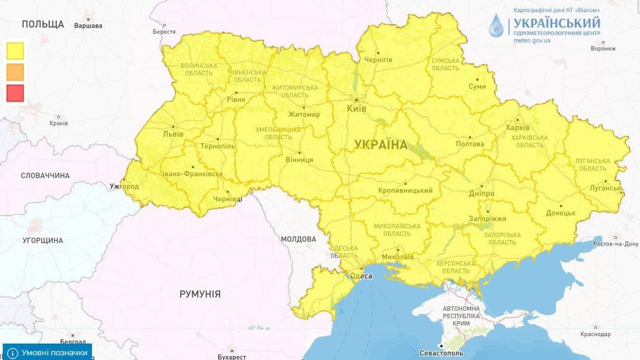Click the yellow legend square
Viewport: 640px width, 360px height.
point(15,51)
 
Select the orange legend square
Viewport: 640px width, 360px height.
point(15,72)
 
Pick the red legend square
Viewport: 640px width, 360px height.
point(15,93)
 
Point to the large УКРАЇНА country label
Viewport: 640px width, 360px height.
point(380,144)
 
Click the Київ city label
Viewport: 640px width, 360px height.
point(356,109)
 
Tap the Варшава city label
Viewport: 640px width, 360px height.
point(88,26)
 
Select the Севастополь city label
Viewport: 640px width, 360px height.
point(441,353)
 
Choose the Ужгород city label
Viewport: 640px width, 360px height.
point(124,187)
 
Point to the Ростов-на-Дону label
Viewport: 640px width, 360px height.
point(616,244)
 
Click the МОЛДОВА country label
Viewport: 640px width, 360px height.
point(298,239)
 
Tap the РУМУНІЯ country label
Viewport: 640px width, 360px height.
point(200,294)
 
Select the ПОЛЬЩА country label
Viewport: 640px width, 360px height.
point(42,24)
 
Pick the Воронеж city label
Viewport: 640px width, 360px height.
point(602,48)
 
